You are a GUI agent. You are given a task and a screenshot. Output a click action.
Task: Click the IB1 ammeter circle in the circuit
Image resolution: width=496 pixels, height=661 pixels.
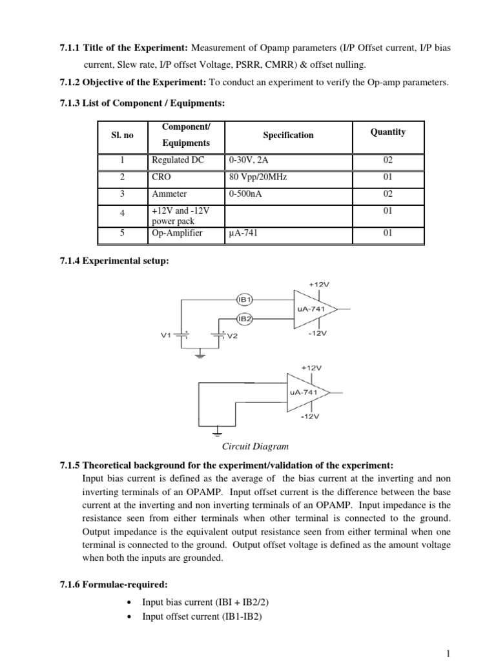click(x=246, y=300)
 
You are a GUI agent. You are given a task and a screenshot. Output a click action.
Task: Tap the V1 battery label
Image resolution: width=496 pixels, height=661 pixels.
click(x=166, y=336)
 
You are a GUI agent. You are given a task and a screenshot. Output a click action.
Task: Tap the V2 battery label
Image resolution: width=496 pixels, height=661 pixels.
click(x=232, y=336)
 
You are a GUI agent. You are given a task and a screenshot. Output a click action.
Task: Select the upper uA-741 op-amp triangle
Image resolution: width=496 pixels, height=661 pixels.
click(x=313, y=309)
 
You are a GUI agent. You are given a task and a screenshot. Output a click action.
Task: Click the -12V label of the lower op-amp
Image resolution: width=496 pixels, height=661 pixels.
click(x=310, y=416)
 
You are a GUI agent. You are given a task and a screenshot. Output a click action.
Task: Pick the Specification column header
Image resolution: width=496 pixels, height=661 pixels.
click(x=288, y=135)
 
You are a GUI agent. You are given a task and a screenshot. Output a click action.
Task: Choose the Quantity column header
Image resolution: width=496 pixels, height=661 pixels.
click(x=387, y=132)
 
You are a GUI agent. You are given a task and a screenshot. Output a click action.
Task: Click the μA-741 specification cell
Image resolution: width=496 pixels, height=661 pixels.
click(x=243, y=233)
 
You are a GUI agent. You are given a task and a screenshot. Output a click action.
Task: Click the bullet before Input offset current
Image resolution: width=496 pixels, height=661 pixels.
click(x=130, y=616)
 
